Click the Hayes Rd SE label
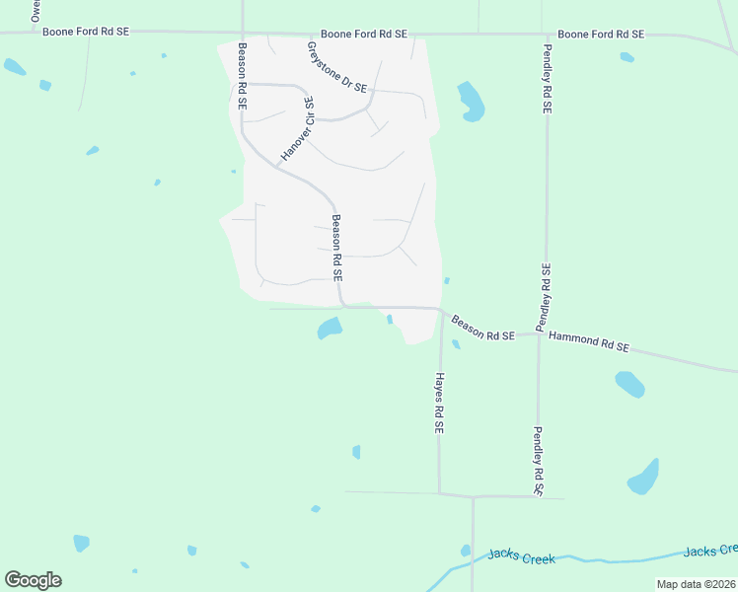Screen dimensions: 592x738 tap(439, 404)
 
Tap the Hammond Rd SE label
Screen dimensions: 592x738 tap(588, 341)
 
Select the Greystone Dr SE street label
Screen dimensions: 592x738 tap(335, 67)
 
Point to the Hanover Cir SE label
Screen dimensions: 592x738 tap(297, 128)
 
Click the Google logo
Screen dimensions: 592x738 tap(33, 580)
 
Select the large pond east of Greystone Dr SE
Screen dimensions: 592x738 tap(471, 101)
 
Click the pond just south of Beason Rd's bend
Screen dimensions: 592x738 tap(330, 328)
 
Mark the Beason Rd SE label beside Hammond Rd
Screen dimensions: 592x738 tap(483, 329)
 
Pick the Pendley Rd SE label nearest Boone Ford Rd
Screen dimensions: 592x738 tap(546, 77)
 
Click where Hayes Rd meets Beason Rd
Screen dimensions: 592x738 tap(440, 310)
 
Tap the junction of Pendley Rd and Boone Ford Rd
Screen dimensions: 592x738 tap(546, 35)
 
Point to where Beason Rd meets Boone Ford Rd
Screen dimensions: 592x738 tap(242, 33)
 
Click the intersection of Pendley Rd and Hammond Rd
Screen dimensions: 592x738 tap(540, 333)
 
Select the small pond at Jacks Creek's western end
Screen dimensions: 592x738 tap(465, 551)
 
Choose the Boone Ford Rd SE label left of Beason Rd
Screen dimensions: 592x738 tap(86, 32)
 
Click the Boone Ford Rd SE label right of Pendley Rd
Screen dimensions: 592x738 tap(600, 35)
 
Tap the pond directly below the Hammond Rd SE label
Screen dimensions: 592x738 tap(629, 383)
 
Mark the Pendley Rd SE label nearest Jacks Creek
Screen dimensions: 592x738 tap(539, 461)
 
